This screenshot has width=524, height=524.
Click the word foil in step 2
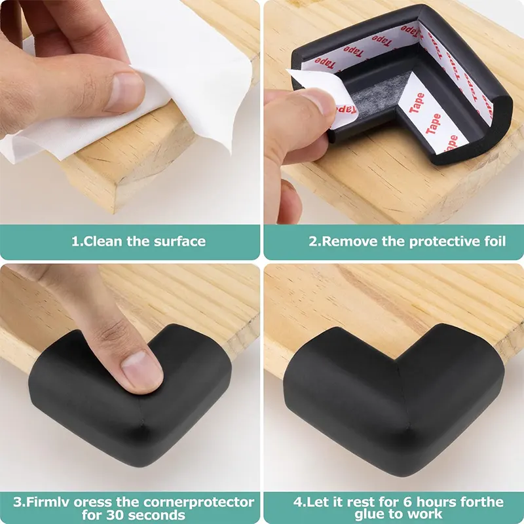click(x=495, y=241)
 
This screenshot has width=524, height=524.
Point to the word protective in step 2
click(x=445, y=242)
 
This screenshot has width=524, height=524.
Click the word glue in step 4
click(x=368, y=514)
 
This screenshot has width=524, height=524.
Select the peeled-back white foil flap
click(x=321, y=97)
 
